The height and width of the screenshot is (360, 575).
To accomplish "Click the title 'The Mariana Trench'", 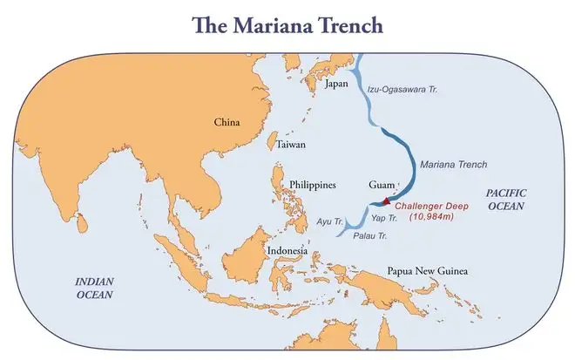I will (287, 24).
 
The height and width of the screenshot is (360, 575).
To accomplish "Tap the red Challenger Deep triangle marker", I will (386, 201).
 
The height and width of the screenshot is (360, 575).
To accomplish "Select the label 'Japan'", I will (336, 85).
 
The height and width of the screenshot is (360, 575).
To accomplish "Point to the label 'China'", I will (227, 123).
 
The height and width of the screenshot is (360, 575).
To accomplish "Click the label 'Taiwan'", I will (291, 145).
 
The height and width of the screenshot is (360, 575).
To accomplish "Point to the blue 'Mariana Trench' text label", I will (453, 164).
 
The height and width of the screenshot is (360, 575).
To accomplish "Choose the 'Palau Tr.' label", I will (369, 234).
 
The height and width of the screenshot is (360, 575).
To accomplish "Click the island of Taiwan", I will (271, 142).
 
